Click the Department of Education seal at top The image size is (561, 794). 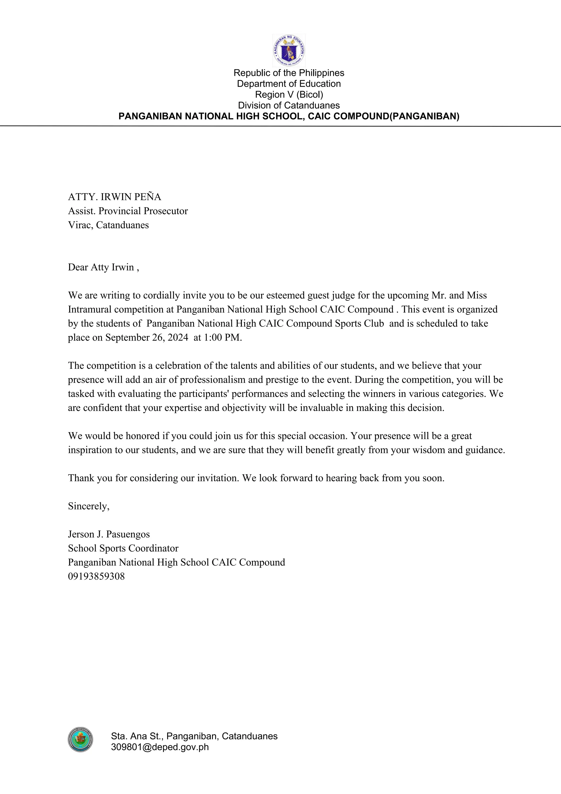(289, 50)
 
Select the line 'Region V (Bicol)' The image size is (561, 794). (289, 94)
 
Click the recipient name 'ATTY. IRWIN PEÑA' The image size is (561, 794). (114, 197)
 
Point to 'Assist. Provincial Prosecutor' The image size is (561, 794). (128, 211)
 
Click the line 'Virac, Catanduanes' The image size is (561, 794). (108, 225)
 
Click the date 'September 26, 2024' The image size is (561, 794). (147, 337)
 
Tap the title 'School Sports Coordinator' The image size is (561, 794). (123, 548)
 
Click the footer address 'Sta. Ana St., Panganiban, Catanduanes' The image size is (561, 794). (194, 736)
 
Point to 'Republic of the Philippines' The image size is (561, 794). (289, 73)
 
